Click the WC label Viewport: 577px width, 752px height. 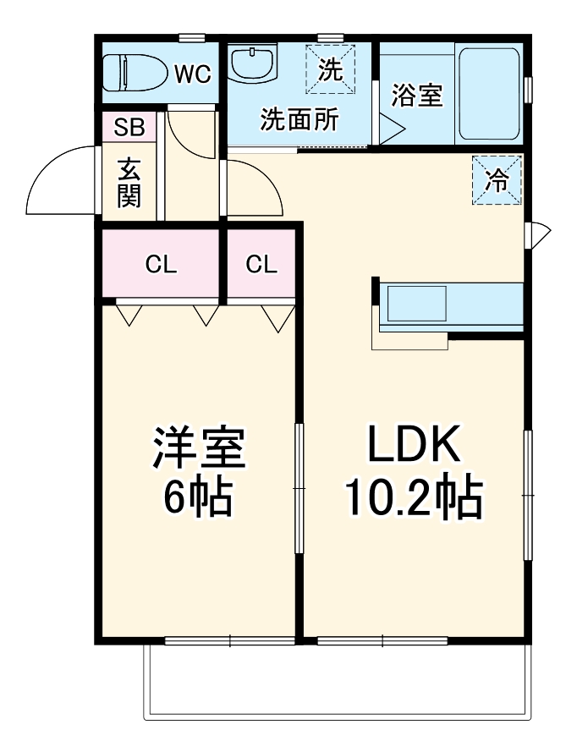coord(192,74)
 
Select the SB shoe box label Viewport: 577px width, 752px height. coord(129,127)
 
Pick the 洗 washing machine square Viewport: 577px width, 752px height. coord(331,69)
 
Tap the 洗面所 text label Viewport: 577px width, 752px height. coord(299,119)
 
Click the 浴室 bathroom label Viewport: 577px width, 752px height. coord(417,96)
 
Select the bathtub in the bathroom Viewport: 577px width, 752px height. coord(489,94)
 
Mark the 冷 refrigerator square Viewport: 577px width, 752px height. coord(497,180)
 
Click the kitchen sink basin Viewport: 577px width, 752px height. coord(416,304)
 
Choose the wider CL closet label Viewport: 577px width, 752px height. coord(161,264)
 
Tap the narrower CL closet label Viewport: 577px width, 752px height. coord(261,264)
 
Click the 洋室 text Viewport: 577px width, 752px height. coord(199,448)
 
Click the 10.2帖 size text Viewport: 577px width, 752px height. coord(414,497)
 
